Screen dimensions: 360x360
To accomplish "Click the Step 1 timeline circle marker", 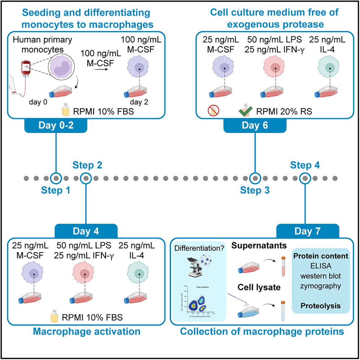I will (56, 178).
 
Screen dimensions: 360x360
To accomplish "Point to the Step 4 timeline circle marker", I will (305, 178).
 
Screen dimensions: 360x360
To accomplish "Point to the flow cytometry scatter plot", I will (198, 300).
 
